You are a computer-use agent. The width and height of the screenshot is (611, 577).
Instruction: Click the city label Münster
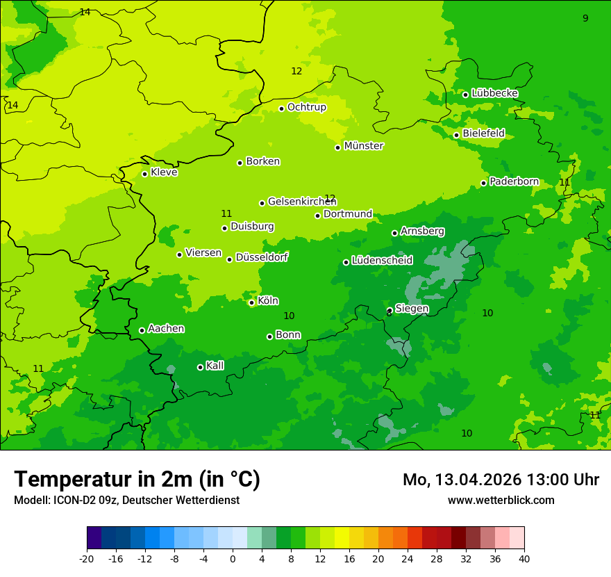pyautogui.click(x=364, y=146)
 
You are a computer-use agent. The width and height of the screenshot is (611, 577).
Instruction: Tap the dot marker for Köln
pyautogui.click(x=251, y=302)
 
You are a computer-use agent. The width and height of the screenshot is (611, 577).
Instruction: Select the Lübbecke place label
pyautogui.click(x=494, y=93)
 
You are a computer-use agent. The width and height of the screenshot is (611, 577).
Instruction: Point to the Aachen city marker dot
pyautogui.click(x=142, y=330)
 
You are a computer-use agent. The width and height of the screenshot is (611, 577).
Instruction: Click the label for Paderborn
pyautogui.click(x=514, y=181)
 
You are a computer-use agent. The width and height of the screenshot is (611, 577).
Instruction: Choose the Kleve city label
pyautogui.click(x=164, y=172)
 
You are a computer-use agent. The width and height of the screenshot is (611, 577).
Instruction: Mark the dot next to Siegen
pyautogui.click(x=390, y=310)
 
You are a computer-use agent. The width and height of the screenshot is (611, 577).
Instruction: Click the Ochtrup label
pyautogui.click(x=307, y=107)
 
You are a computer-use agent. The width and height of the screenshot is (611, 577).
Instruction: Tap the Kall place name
pyautogui.click(x=215, y=366)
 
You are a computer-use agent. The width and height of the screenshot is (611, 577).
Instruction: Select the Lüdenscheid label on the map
pyautogui.click(x=382, y=261)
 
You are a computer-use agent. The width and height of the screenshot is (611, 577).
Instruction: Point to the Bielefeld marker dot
pyautogui.click(x=456, y=135)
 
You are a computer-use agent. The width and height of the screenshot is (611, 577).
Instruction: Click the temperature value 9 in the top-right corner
pyautogui.click(x=585, y=18)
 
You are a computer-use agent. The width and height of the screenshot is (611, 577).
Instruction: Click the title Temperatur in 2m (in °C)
pyautogui.click(x=137, y=479)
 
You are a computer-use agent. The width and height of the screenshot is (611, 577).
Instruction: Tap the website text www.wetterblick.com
pyautogui.click(x=501, y=500)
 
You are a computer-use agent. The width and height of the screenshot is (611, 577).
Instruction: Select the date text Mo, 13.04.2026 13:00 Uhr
pyautogui.click(x=501, y=480)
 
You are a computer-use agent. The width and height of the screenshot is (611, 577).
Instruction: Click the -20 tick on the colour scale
pyautogui.click(x=87, y=558)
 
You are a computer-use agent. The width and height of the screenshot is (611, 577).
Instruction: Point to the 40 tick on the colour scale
pyautogui.click(x=524, y=558)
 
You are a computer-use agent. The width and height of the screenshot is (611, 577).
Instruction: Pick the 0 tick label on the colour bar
pyautogui.click(x=233, y=558)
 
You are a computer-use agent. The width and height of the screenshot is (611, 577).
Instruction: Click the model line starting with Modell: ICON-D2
pyautogui.click(x=126, y=500)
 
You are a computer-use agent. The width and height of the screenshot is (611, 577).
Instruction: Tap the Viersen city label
pyautogui.click(x=203, y=253)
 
